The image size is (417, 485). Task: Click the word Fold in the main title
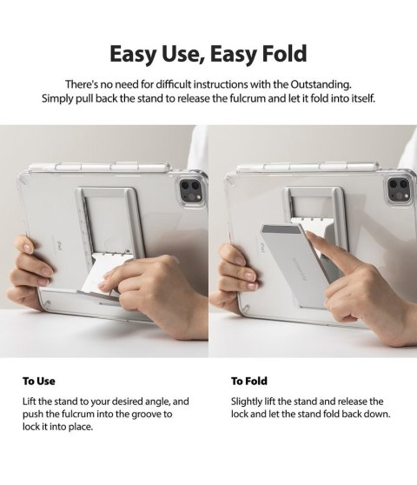click(x=277, y=54)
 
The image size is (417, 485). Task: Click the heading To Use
click(x=39, y=381)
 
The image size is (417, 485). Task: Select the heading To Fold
click(x=249, y=381)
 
